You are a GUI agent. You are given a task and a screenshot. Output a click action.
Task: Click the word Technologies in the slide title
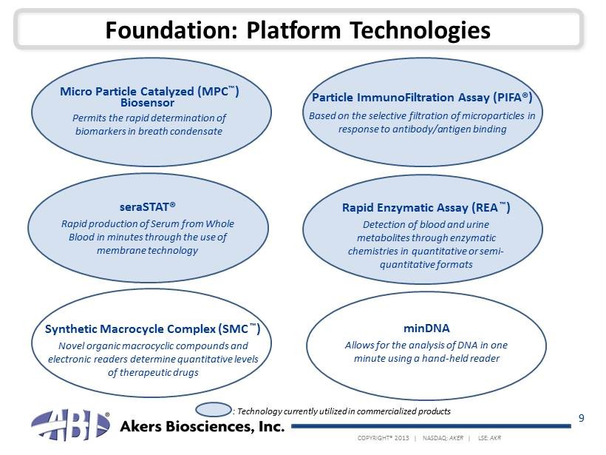point(420,31)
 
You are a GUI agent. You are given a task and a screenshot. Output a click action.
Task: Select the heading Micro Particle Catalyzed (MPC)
point(149,92)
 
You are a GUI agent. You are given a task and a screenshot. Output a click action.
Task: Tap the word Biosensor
point(147,103)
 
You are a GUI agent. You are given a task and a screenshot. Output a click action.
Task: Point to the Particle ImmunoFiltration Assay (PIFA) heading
point(422,97)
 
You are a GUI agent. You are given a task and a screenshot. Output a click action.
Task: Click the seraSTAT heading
point(148,207)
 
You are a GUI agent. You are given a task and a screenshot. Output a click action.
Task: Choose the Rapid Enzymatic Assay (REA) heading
point(426,208)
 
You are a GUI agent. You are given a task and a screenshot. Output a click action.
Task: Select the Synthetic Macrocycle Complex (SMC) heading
point(153,329)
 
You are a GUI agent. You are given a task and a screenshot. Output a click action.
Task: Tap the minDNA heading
point(426,328)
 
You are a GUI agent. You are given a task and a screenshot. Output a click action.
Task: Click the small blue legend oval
point(214,410)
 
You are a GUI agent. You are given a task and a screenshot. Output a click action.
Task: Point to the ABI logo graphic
point(70,425)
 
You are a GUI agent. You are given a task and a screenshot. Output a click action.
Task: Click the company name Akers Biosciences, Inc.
point(202,426)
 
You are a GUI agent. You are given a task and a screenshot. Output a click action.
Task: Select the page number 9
point(582,418)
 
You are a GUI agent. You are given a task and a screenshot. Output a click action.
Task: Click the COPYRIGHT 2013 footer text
point(383,438)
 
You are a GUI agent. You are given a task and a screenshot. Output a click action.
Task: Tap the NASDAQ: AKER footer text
point(443,438)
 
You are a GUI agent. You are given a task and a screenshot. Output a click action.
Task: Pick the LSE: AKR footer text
point(489,438)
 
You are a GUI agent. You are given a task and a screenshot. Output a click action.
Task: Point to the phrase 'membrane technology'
point(147,251)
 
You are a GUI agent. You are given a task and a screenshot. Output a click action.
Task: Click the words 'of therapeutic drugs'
point(153,373)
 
